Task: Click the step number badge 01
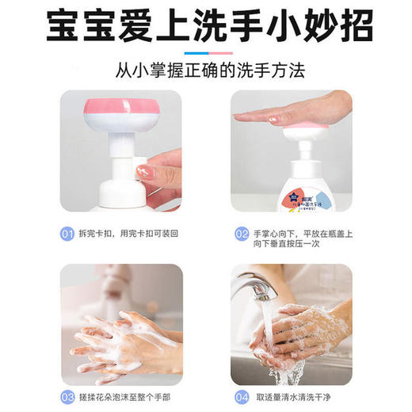pos(68,233)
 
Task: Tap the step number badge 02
pos(242,234)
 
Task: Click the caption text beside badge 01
pos(125,233)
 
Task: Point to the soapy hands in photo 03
pos(123,341)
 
